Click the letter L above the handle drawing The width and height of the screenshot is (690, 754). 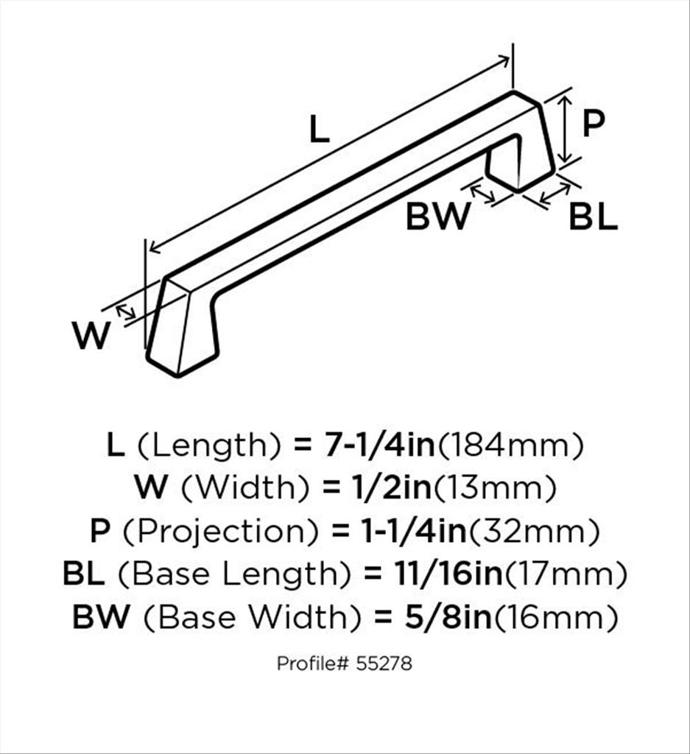point(319,130)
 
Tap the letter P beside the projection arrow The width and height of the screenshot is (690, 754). point(593,123)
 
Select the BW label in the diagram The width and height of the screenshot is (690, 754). point(437,216)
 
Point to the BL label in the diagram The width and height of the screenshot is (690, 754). point(593,216)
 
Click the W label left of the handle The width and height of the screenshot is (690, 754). point(91,335)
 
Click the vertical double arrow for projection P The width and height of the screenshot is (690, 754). point(566,129)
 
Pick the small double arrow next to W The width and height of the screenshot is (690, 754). point(126,311)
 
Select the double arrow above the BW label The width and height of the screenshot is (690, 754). point(482,194)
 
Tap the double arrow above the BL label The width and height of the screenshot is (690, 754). point(555,194)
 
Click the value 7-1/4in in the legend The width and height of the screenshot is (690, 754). point(378,445)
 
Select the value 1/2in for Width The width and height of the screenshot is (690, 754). point(390,487)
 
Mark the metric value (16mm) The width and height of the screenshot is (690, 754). point(556,618)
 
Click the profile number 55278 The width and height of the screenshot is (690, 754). point(384,663)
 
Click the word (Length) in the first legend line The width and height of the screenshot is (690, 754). point(208,445)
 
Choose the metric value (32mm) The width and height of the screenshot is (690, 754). point(534,532)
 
